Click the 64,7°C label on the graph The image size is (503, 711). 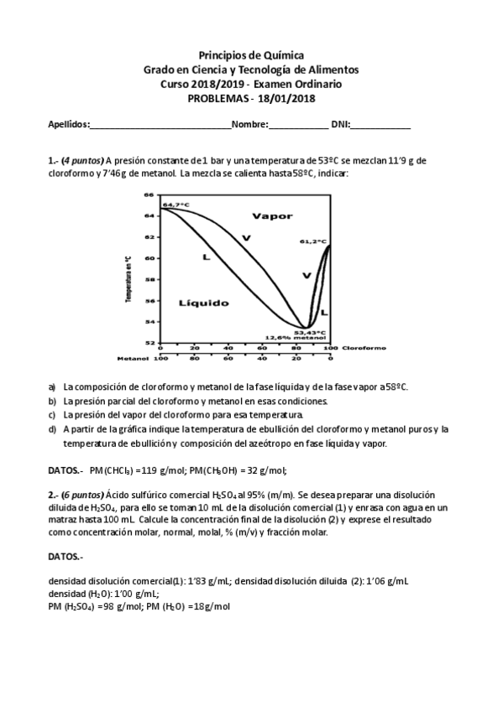pyautogui.click(x=176, y=204)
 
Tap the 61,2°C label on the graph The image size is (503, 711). pyautogui.click(x=312, y=241)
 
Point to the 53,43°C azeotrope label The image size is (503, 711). pyautogui.click(x=309, y=332)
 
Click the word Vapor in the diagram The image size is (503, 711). pyautogui.click(x=272, y=215)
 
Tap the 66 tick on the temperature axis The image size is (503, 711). pyautogui.click(x=149, y=195)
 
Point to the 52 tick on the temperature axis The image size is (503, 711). pyautogui.click(x=149, y=343)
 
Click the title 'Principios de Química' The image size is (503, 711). pyautogui.click(x=251, y=53)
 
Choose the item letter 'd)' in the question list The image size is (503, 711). pyautogui.click(x=52, y=429)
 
